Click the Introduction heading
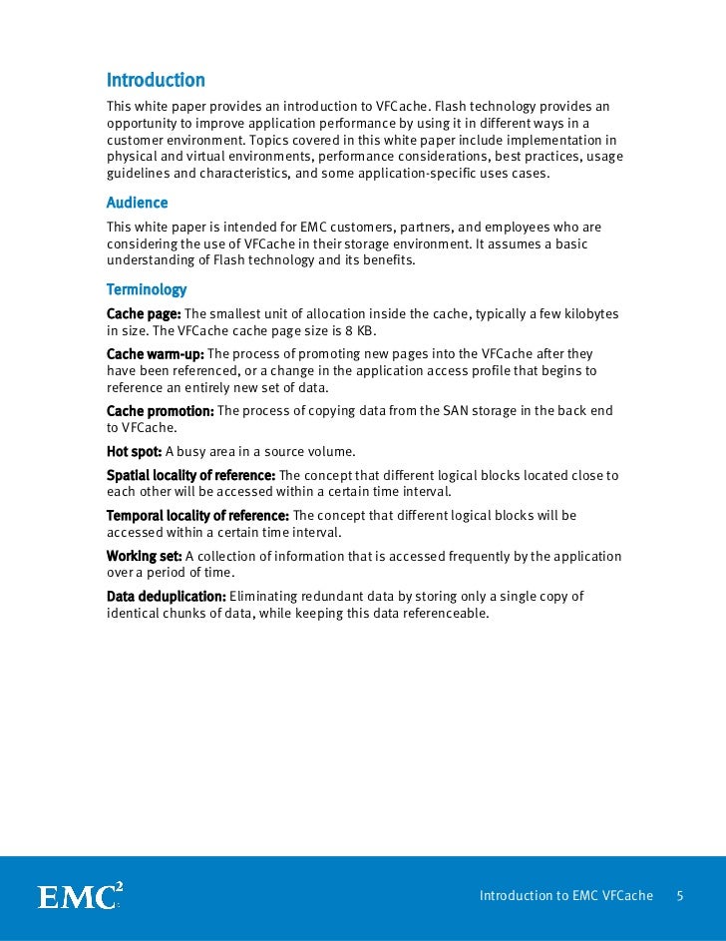click(x=156, y=80)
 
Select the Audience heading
click(x=137, y=203)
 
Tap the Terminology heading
click(x=147, y=290)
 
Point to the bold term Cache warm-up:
click(x=155, y=354)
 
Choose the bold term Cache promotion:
click(x=160, y=410)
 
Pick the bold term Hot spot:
click(x=134, y=450)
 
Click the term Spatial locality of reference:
click(x=190, y=475)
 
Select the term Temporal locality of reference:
click(x=197, y=515)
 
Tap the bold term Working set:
click(x=144, y=555)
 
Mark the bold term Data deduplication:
click(x=167, y=596)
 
